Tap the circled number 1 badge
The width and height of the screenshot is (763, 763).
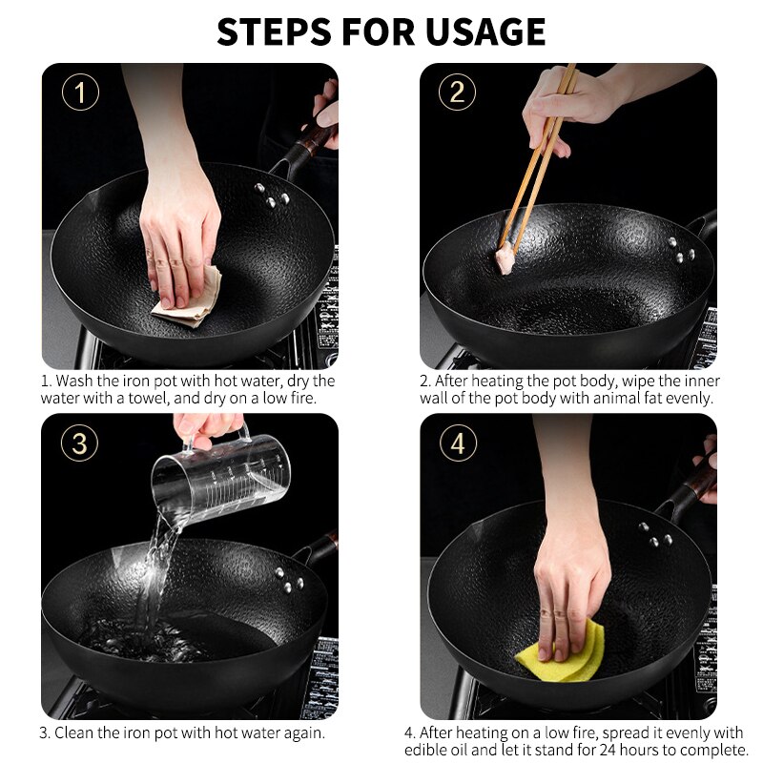click(x=80, y=93)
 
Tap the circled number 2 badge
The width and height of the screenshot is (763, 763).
click(x=457, y=93)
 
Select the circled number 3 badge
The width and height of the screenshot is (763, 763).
click(x=80, y=443)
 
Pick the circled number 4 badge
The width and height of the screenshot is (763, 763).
click(x=458, y=443)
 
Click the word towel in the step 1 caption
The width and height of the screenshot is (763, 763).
click(x=163, y=398)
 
